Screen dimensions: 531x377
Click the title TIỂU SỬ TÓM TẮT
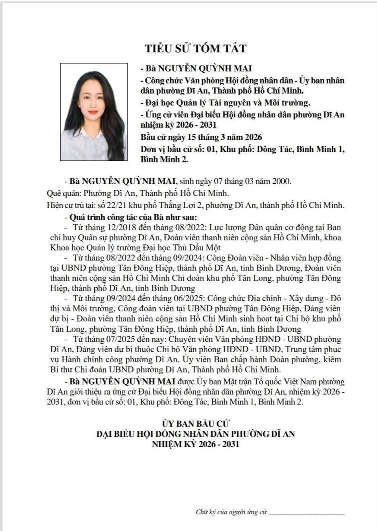[x=195, y=49]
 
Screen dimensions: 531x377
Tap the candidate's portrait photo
[x=94, y=112]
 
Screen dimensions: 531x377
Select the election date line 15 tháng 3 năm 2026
[x=201, y=137]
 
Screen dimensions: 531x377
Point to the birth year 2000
[x=281, y=181]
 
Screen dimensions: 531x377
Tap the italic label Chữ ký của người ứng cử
[x=232, y=512]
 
